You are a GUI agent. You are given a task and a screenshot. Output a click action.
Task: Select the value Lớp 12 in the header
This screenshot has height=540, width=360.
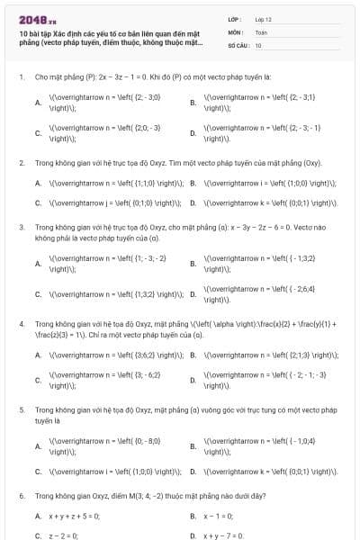point(264,18)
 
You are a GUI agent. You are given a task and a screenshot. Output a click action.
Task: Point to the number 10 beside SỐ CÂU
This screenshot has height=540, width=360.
point(258,44)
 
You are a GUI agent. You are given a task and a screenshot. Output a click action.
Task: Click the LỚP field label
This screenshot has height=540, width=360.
point(235,18)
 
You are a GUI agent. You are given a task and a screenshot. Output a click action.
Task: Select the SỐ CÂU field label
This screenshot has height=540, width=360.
point(238,44)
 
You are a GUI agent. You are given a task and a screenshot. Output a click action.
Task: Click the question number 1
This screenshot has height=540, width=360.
point(21,77)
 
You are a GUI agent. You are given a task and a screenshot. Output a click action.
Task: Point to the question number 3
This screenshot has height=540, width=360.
point(21,228)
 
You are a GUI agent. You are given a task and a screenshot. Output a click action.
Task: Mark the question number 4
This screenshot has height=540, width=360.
point(21,321)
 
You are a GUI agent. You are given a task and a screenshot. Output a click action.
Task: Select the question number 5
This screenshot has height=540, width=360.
point(21,409)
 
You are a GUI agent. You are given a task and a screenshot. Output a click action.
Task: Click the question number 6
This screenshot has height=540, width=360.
point(21,496)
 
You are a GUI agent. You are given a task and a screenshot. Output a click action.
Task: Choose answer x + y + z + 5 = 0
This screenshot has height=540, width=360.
point(74,516)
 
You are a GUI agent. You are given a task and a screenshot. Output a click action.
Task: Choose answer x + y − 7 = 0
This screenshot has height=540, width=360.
point(228,535)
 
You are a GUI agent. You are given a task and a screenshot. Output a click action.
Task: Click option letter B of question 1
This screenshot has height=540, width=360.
point(193,101)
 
